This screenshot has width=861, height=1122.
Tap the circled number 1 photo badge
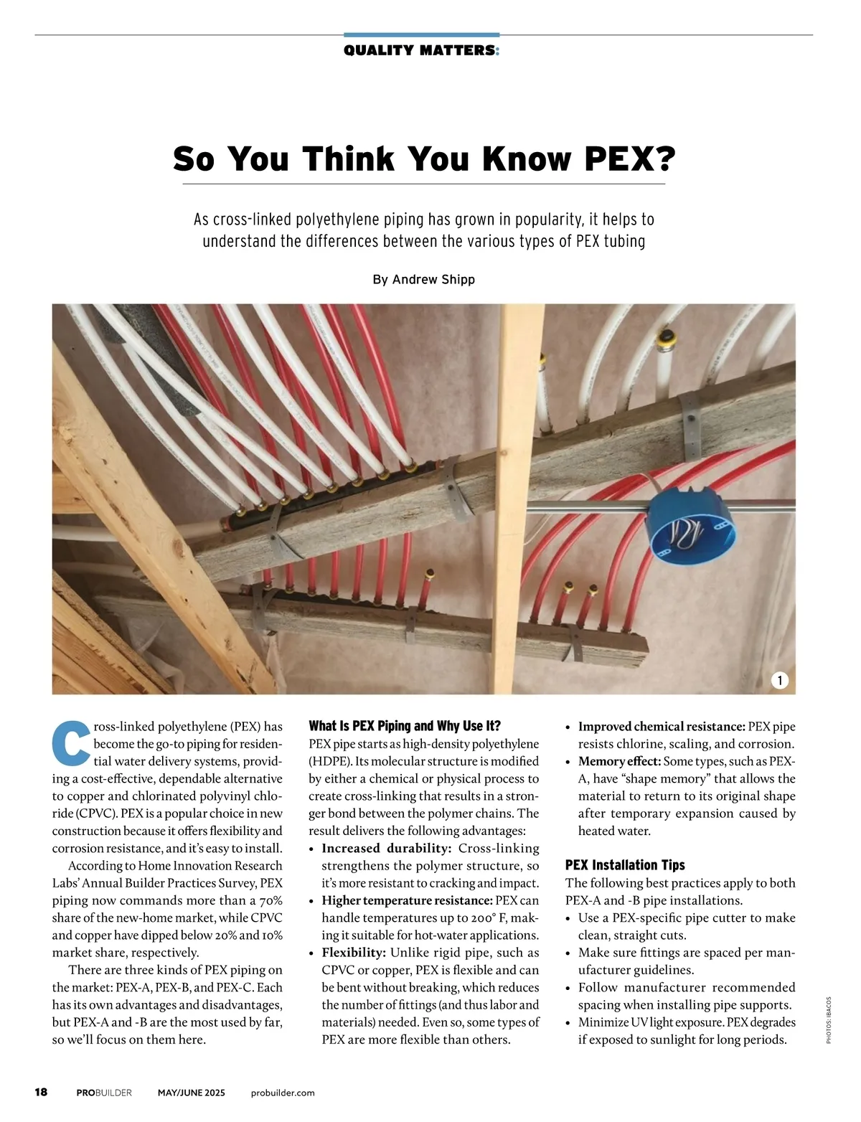779,680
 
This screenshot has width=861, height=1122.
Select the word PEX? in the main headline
630,159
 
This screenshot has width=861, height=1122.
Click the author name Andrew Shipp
433,279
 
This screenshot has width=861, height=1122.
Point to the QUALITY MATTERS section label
421,50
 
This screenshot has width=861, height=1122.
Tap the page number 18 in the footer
41,1092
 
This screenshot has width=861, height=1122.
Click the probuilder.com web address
283,1093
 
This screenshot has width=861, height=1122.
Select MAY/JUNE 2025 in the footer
191,1093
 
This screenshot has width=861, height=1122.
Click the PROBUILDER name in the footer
104,1093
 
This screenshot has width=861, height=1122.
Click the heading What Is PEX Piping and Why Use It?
405,725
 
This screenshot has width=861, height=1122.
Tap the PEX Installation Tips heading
625,864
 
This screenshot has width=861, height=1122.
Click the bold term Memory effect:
619,761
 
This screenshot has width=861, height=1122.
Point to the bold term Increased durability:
386,848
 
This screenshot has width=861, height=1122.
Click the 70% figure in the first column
270,900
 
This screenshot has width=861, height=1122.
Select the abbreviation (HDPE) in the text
329,761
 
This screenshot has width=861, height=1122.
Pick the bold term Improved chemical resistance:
662,727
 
